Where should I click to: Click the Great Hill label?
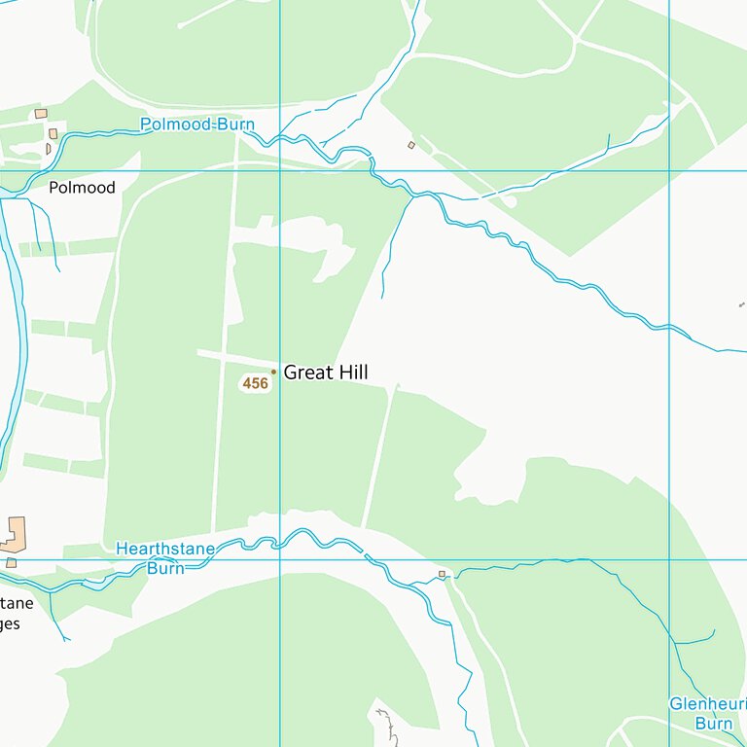(325, 373)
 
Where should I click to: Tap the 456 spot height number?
(255, 384)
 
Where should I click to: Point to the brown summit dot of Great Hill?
(273, 372)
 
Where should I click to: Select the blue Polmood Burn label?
(196, 124)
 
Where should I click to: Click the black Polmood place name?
(83, 188)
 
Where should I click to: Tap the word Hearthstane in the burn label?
(164, 550)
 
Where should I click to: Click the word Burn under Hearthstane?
(165, 568)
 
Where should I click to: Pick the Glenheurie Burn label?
(707, 713)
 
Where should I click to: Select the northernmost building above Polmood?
(41, 114)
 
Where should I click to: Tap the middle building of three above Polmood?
(53, 133)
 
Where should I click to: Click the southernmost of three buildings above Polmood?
(48, 149)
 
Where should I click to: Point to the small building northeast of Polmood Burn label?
(410, 145)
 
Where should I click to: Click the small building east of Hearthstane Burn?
(442, 575)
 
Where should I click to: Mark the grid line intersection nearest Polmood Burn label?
(280, 171)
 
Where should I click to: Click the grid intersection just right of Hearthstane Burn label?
(280, 559)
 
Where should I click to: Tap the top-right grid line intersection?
(669, 171)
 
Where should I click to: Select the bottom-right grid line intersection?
(669, 559)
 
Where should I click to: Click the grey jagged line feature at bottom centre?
(387, 725)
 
